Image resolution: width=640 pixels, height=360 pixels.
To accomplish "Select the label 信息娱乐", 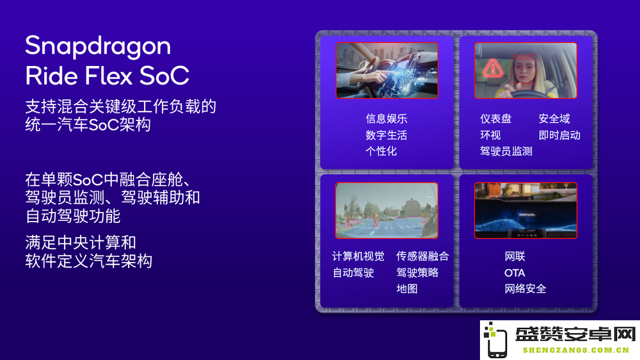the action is coord(386,119).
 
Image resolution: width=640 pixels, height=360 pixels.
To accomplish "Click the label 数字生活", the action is coord(386,135).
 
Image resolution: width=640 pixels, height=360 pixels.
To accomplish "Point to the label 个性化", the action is coord(381,151).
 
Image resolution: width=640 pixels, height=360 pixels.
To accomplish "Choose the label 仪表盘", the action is coord(495,119).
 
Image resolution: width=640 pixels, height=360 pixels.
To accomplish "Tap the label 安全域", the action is coord(554,119).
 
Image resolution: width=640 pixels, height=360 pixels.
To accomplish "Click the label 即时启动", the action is coord(559,135).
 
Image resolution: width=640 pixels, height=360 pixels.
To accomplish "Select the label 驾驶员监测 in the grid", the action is coord(506,151).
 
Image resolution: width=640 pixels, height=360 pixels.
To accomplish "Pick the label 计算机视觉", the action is coord(358,256).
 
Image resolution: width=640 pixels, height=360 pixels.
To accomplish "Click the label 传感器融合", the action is coord(422,256).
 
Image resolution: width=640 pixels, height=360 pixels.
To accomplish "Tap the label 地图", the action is coord(407,288).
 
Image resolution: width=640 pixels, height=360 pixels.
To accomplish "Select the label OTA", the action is coord(515,272).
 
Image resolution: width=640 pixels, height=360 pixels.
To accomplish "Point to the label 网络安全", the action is coord(525,288).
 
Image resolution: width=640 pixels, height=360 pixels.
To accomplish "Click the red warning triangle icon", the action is coord(493,69).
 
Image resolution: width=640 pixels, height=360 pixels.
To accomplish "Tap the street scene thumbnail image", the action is coord(387,211).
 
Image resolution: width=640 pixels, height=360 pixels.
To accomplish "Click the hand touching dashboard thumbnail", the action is coord(387,70).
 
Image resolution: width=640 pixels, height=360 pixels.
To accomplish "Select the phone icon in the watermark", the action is coord(495,340).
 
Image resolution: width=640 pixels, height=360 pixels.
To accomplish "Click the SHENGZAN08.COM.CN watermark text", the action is coord(576,350).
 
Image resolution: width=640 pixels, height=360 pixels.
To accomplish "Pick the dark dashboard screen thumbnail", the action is coord(525,211).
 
